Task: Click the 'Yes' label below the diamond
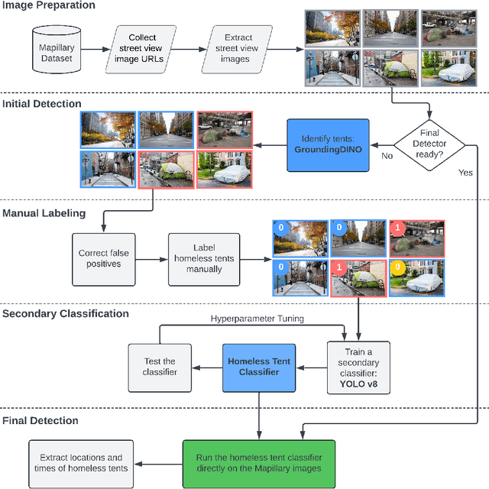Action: pyautogui.click(x=465, y=173)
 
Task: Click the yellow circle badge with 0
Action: pyautogui.click(x=397, y=268)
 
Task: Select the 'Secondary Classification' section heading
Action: pyautogui.click(x=65, y=313)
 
